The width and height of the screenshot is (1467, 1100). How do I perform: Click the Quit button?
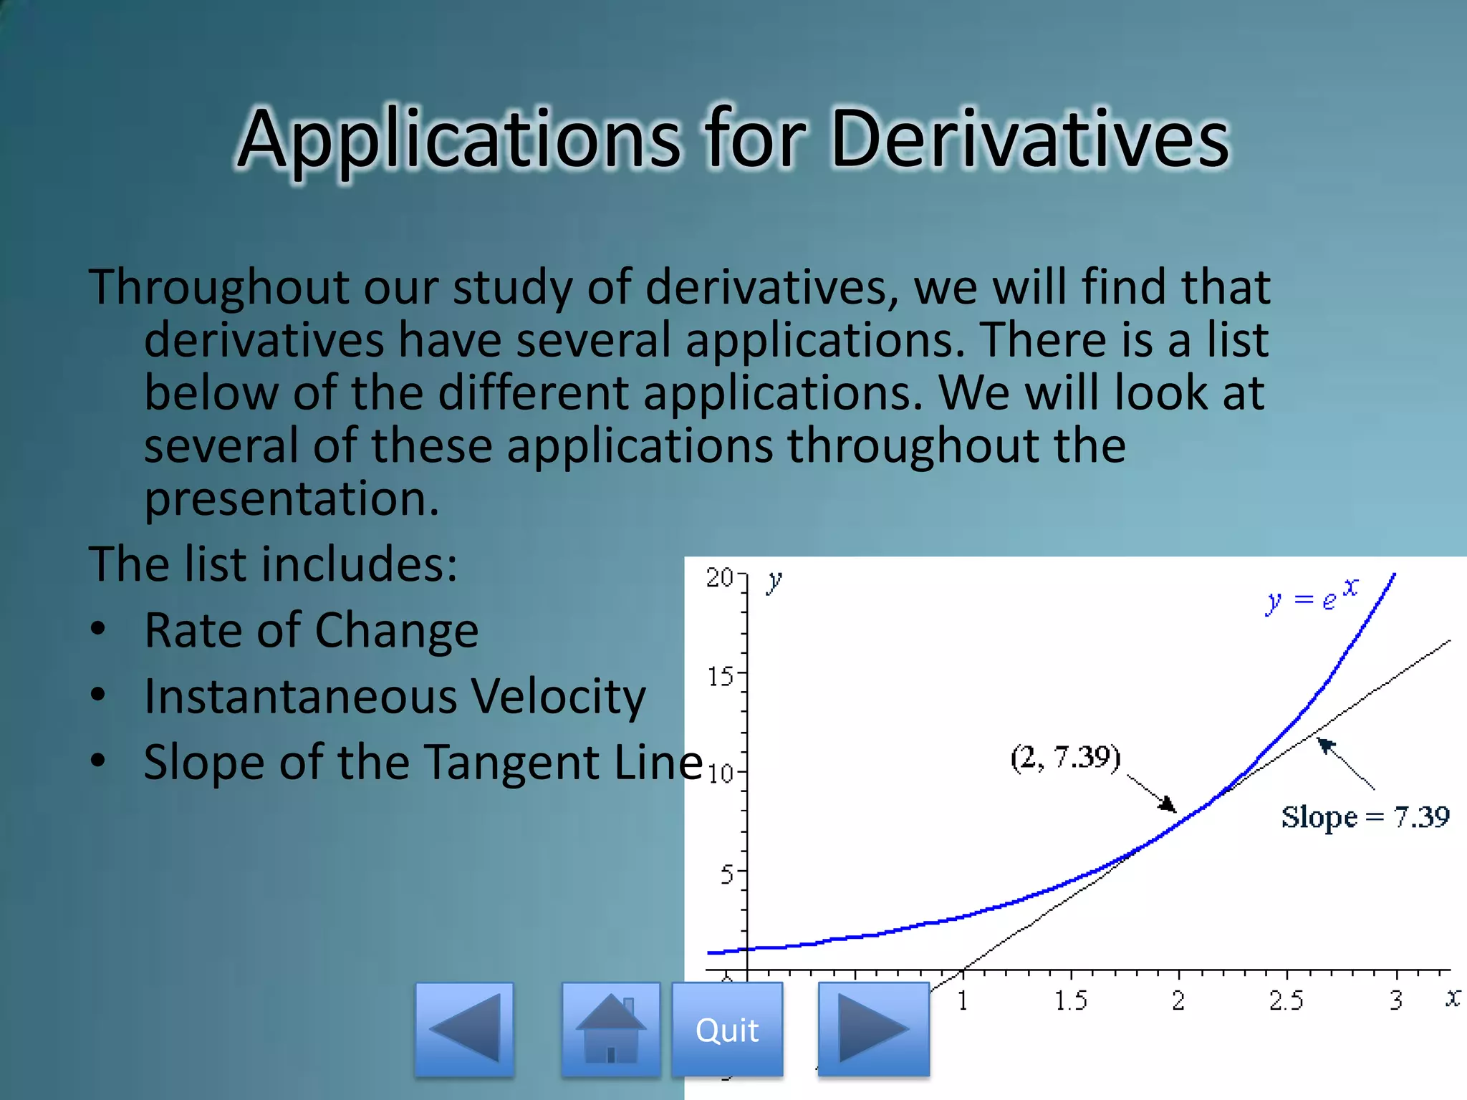tap(727, 1030)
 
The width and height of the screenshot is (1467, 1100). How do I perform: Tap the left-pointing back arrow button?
tap(464, 1029)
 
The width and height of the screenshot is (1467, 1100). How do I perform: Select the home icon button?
tap(610, 1029)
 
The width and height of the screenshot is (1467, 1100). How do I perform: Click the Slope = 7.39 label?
tap(1365, 817)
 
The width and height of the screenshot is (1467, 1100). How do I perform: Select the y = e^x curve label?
tap(1311, 596)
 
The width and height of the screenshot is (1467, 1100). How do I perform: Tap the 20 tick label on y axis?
tap(719, 578)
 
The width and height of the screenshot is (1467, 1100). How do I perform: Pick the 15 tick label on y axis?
tap(721, 676)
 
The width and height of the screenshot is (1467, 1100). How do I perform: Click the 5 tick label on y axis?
tap(727, 874)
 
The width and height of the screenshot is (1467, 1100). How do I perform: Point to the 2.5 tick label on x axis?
tap(1286, 1000)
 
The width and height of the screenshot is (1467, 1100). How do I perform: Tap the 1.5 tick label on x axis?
tap(1070, 1000)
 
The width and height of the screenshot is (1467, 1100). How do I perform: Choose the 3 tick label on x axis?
tap(1396, 1000)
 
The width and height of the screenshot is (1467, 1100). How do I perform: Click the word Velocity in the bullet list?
tap(558, 697)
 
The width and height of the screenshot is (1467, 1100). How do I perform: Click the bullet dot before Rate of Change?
tap(98, 629)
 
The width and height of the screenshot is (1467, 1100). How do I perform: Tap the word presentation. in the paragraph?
tap(292, 498)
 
